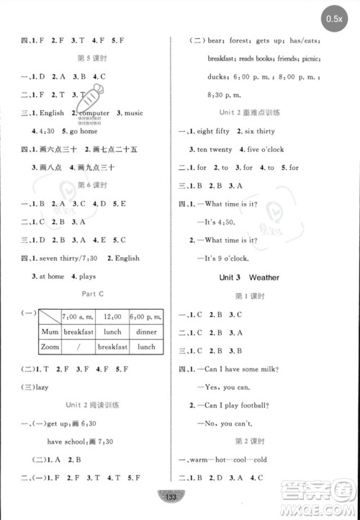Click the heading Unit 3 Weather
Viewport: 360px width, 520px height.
pyautogui.click(x=249, y=277)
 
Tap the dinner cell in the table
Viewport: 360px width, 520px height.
pyautogui.click(x=145, y=332)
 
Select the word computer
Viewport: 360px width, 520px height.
pyautogui.click(x=93, y=113)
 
